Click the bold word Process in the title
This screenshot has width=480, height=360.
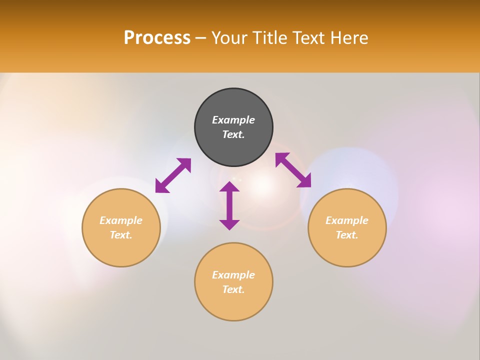pyautogui.click(x=157, y=38)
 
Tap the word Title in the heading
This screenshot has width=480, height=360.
pyautogui.click(x=270, y=38)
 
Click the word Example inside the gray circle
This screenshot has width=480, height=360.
pyautogui.click(x=233, y=120)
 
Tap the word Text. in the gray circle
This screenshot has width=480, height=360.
pyautogui.click(x=233, y=134)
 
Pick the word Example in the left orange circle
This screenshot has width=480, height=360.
pyautogui.click(x=121, y=220)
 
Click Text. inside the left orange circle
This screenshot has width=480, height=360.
pyautogui.click(x=121, y=235)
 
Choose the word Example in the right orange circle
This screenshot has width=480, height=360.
pyautogui.click(x=347, y=220)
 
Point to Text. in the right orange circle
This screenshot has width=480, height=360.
pyautogui.click(x=347, y=235)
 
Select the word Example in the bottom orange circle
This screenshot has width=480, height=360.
pyautogui.click(x=233, y=275)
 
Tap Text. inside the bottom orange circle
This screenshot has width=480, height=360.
pyautogui.click(x=233, y=289)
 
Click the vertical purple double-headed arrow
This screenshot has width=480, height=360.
pyautogui.click(x=229, y=205)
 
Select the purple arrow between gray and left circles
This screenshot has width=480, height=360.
pyautogui.click(x=173, y=175)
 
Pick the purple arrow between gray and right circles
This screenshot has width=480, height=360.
pyautogui.click(x=293, y=170)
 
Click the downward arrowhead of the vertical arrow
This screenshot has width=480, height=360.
pyautogui.click(x=229, y=225)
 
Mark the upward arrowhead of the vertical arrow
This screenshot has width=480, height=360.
pyautogui.click(x=229, y=186)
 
